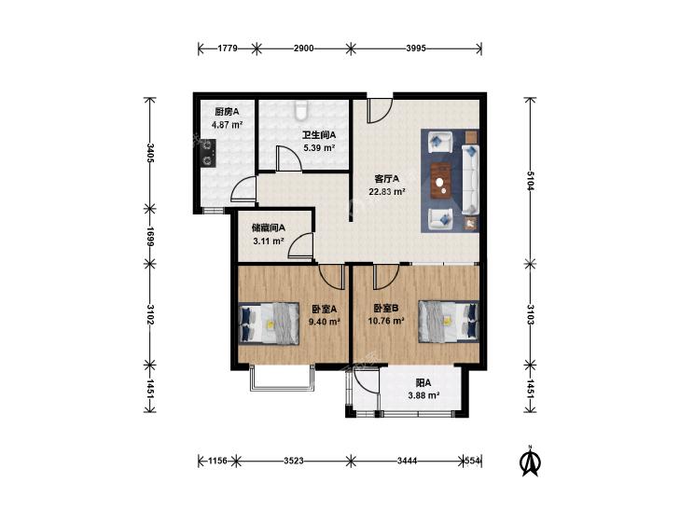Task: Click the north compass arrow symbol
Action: [x=530, y=461]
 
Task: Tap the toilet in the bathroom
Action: [x=300, y=110]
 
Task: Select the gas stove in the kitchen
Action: [x=208, y=154]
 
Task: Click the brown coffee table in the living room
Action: [x=441, y=180]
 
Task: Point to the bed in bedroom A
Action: [x=270, y=324]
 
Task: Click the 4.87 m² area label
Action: [x=227, y=125]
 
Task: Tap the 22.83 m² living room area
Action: [x=387, y=191]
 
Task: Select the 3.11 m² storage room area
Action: [x=269, y=241]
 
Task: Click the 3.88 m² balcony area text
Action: [x=424, y=395]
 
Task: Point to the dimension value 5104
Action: [x=531, y=180]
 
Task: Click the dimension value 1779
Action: [x=228, y=48]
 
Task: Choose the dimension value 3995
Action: [x=416, y=48]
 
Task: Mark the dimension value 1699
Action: [x=150, y=236]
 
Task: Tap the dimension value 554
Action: [x=472, y=461]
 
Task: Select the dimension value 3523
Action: [x=294, y=461]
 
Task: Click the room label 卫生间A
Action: [x=319, y=135]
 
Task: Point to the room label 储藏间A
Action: [x=269, y=227]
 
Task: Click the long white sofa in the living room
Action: [x=470, y=180]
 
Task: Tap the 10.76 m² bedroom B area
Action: [x=386, y=321]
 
